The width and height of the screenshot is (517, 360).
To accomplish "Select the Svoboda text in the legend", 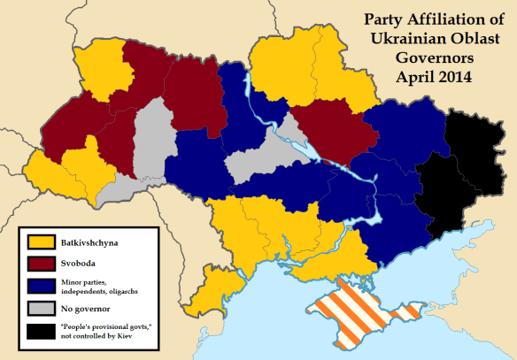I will [79, 264].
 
